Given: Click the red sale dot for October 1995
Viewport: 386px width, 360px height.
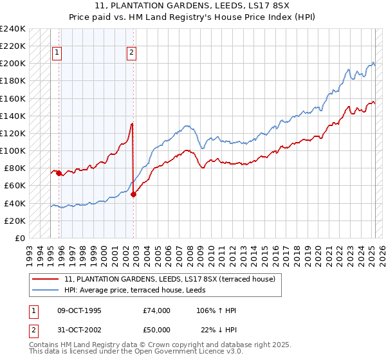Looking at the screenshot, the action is pyautogui.click(x=59, y=174).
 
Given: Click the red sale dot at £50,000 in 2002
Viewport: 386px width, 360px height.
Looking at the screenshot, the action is pyautogui.click(x=133, y=195).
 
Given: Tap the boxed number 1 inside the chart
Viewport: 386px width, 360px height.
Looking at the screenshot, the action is pyautogui.click(x=57, y=53).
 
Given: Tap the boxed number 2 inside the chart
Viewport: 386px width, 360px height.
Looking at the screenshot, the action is pyautogui.click(x=131, y=53).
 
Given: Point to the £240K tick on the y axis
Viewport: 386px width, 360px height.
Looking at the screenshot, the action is pyautogui.click(x=12, y=29).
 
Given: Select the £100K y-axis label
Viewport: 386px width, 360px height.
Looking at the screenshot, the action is pyautogui.click(x=12, y=151).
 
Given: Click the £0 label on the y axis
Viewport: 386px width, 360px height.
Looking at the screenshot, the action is pyautogui.click(x=20, y=239).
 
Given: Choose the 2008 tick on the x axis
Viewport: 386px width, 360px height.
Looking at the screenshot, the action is pyautogui.click(x=190, y=256).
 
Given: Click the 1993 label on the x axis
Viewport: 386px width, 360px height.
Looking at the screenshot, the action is pyautogui.click(x=30, y=256).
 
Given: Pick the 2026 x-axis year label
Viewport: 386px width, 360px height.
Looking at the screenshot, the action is pyautogui.click(x=382, y=256).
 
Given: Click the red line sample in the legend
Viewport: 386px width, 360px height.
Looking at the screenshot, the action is pyautogui.click(x=45, y=279).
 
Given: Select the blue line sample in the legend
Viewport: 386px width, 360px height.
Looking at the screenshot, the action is pyautogui.click(x=45, y=290).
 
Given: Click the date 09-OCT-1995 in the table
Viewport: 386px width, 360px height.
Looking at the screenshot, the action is pyautogui.click(x=79, y=310).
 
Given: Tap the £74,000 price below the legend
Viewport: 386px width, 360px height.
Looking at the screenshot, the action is pyautogui.click(x=156, y=310).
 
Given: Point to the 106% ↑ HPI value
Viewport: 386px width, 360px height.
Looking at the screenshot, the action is pyautogui.click(x=216, y=310).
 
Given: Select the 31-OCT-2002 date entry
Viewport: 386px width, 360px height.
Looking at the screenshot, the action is pyautogui.click(x=79, y=330).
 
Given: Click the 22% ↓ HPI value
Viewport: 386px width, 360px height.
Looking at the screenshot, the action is pyautogui.click(x=219, y=330).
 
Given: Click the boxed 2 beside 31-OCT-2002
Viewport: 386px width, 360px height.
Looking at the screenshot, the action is pyautogui.click(x=33, y=331).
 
